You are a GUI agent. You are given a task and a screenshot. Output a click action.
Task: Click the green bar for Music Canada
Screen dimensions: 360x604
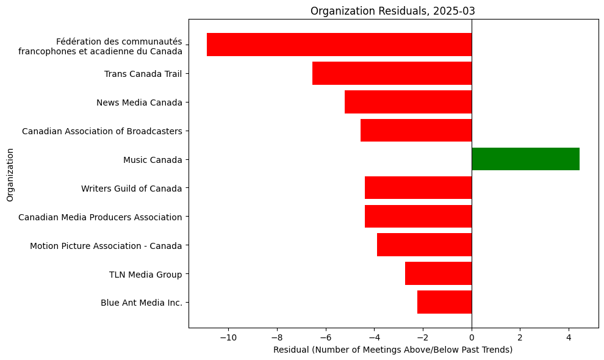(525, 159)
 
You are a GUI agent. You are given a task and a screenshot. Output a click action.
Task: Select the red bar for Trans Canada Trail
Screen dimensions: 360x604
(392, 73)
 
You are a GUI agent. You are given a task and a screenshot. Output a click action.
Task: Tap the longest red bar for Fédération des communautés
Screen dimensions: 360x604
(339, 45)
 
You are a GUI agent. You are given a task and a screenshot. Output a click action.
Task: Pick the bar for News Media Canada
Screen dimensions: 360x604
(408, 102)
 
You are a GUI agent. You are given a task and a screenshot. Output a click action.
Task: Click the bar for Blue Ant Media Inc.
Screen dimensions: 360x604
(444, 302)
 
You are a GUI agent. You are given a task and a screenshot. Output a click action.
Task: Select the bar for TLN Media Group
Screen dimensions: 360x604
(438, 273)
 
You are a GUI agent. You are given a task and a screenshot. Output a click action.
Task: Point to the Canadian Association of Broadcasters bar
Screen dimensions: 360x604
(416, 130)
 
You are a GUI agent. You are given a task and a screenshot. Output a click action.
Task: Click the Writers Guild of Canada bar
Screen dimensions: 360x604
(418, 187)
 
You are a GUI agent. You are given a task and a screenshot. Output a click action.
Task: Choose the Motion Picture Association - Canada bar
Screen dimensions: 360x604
(424, 245)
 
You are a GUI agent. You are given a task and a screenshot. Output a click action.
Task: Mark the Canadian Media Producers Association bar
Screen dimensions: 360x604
(418, 216)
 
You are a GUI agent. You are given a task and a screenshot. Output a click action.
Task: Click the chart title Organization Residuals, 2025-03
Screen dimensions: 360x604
(393, 10)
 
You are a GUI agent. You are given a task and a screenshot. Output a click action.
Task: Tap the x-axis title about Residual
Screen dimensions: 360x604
(393, 350)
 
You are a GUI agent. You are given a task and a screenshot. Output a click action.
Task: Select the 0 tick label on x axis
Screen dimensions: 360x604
(472, 336)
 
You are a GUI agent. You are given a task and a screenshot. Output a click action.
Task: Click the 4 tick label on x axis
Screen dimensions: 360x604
(569, 336)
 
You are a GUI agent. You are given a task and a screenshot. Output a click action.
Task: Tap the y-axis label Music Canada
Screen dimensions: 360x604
(153, 160)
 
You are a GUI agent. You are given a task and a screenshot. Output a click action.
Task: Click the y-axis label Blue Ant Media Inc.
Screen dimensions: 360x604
(141, 303)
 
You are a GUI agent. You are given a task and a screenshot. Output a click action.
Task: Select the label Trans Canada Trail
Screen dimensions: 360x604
(143, 74)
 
